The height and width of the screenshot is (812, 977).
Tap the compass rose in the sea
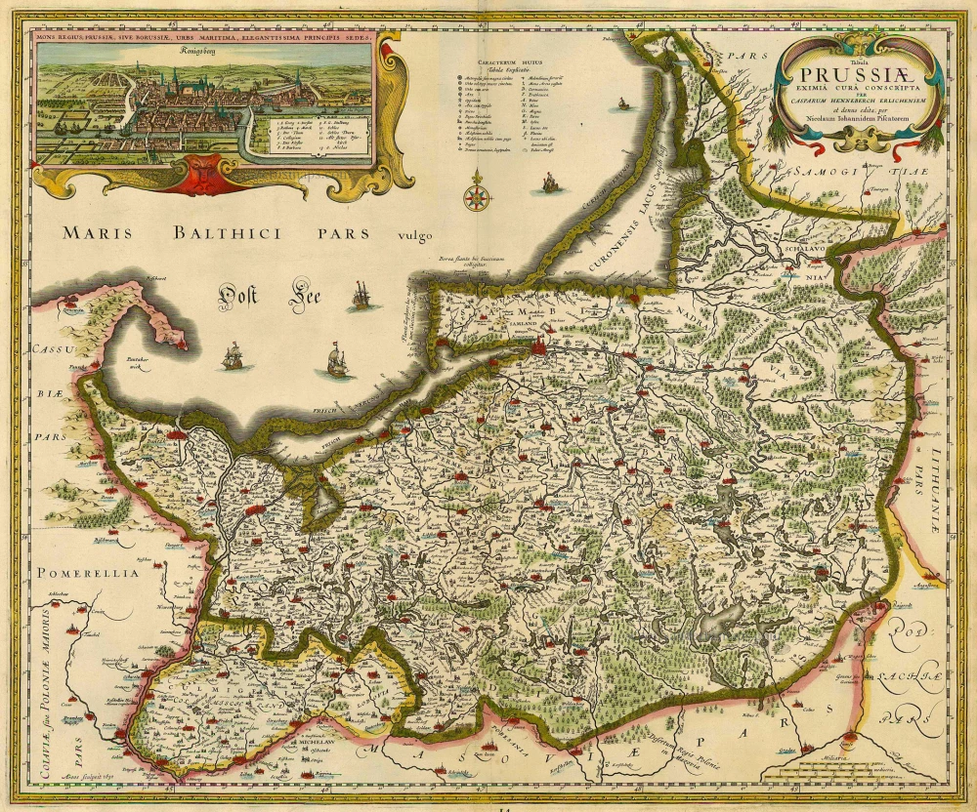pos(477,191)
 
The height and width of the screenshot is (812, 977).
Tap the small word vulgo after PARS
pos(414,235)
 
